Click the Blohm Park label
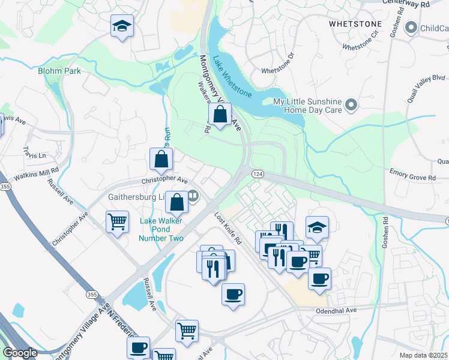[59, 71]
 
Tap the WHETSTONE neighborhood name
[355, 23]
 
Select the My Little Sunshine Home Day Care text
[307, 106]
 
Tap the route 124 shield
[257, 173]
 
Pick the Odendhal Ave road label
[336, 310]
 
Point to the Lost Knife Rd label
[228, 230]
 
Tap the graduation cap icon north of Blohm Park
[122, 26]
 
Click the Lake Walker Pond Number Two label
[161, 229]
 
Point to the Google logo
[20, 353]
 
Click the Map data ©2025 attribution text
[423, 355]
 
